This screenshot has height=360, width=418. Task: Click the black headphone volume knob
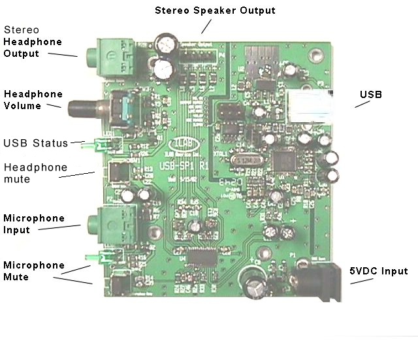tap(83, 106)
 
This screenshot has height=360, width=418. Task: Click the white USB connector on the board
tap(311, 106)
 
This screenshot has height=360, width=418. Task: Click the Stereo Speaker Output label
tap(215, 10)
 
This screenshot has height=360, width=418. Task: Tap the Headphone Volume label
tap(23, 99)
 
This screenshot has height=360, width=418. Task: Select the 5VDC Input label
tap(379, 271)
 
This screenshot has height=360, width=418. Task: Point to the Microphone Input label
tap(34, 223)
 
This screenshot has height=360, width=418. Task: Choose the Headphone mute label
tap(35, 173)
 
